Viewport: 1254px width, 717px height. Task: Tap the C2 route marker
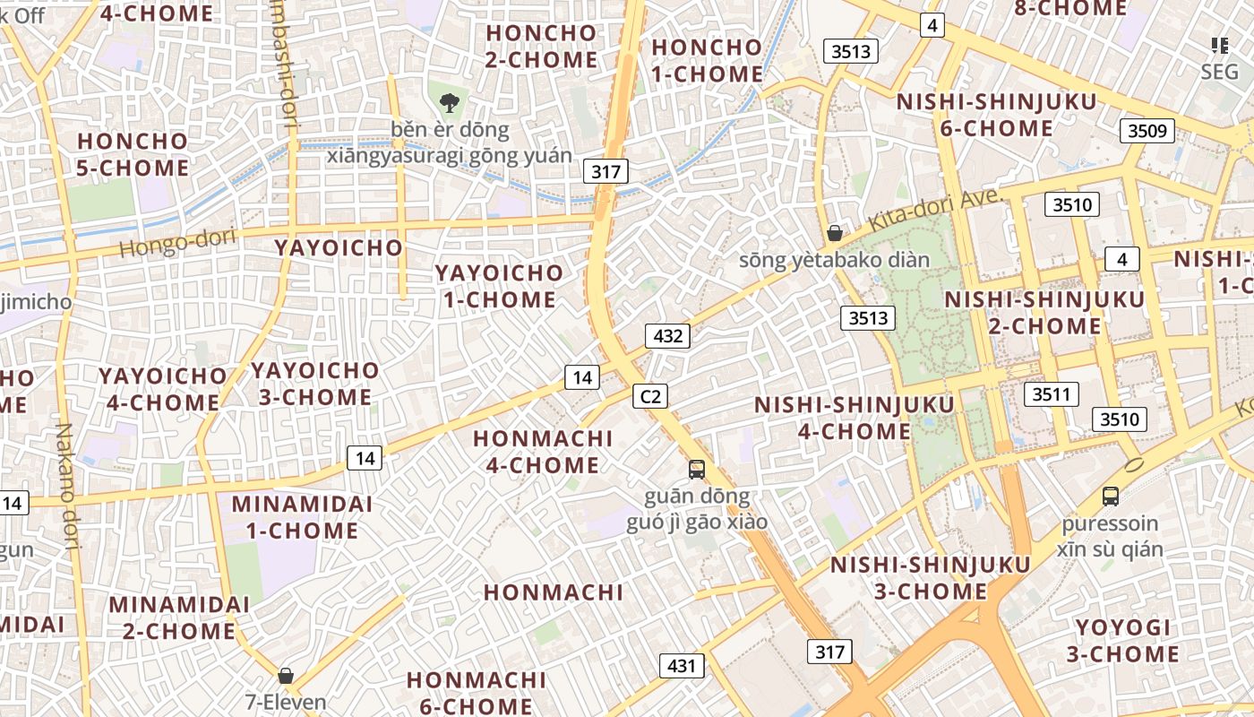[650, 396]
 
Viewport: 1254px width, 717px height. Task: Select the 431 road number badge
[682, 666]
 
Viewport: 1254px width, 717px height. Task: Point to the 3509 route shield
[1147, 132]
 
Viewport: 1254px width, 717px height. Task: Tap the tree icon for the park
[449, 103]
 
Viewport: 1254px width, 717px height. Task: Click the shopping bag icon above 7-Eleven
[286, 676]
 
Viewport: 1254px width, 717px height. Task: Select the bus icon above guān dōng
[696, 469]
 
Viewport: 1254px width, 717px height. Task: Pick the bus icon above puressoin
[1111, 496]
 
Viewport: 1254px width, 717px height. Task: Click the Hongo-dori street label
[176, 242]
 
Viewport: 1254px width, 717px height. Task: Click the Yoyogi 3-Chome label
[1122, 641]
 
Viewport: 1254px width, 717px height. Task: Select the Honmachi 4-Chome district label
[543, 452]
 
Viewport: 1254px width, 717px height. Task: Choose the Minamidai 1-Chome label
[302, 517]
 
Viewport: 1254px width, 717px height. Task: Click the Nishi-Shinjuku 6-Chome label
[996, 115]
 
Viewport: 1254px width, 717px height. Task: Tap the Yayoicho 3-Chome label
[315, 384]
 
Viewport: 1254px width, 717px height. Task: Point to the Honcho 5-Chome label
[133, 154]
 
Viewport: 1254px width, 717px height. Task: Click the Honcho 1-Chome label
[707, 61]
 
